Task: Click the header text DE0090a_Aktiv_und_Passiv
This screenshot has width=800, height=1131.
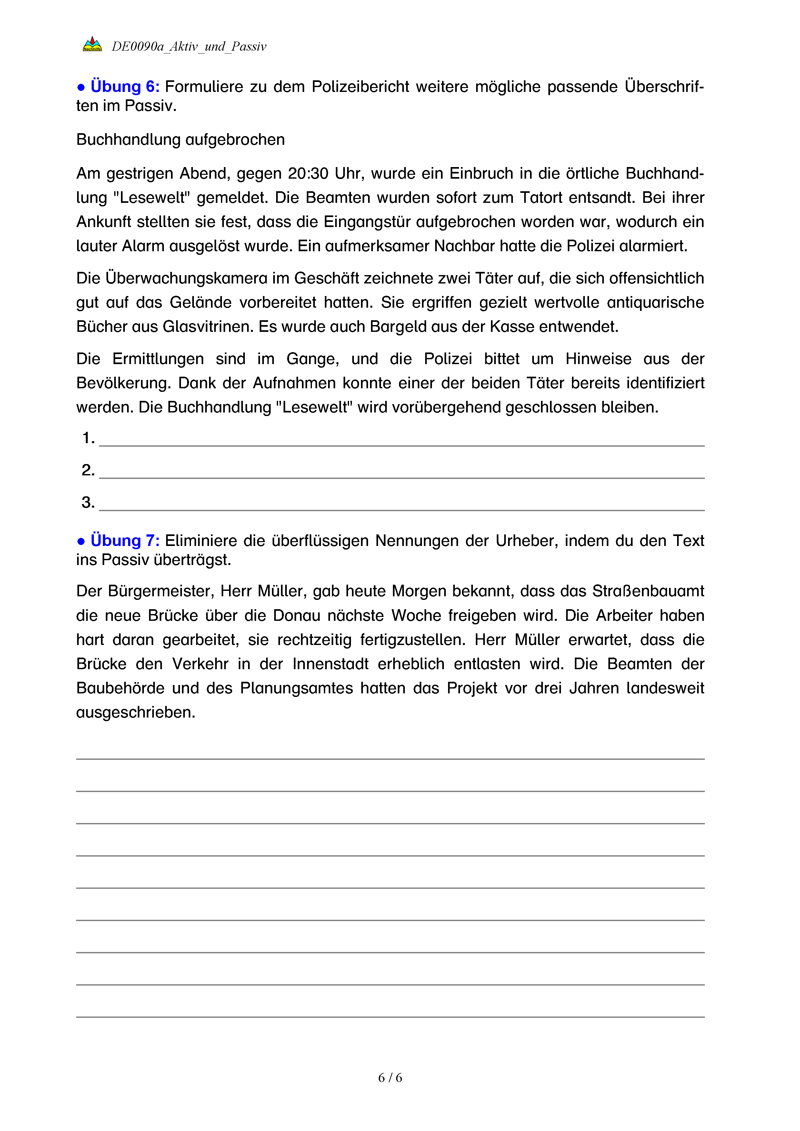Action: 189,46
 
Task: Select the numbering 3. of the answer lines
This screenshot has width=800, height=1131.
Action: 88,502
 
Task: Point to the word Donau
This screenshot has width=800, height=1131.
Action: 296,616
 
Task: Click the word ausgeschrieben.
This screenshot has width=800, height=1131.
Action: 135,712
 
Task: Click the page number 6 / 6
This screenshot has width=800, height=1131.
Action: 390,1078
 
